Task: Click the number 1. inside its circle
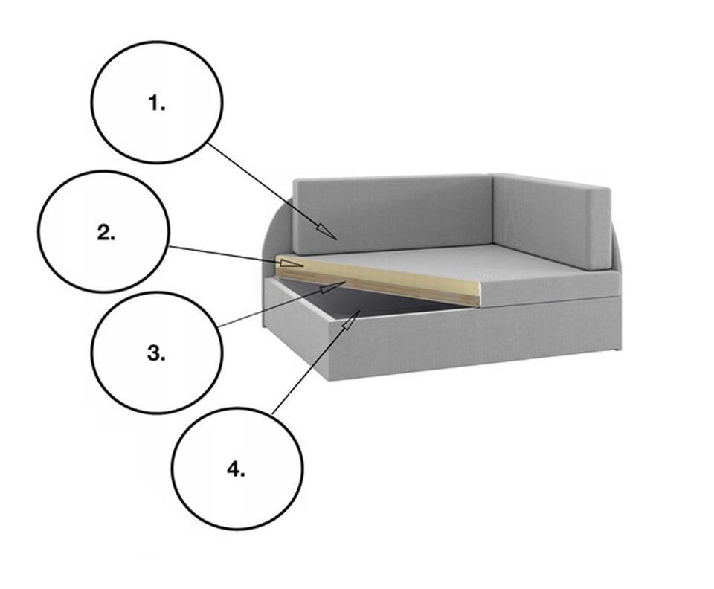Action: coord(157,103)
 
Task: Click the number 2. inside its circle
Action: coord(106,233)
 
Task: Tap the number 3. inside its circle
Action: coord(156,353)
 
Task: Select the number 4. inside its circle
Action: coord(236,469)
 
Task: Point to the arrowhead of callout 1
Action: coord(327,231)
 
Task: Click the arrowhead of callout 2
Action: coord(291,263)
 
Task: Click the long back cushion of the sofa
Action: coord(393,214)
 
